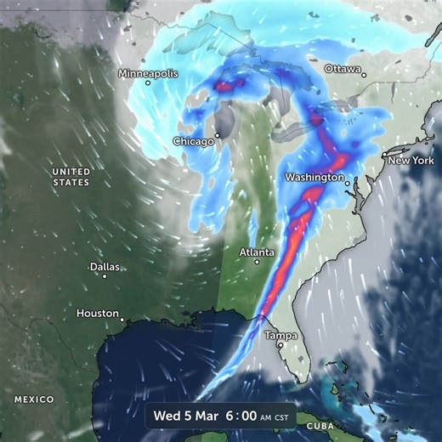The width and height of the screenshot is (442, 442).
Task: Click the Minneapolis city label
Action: click(x=149, y=73)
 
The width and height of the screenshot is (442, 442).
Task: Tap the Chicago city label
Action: click(x=193, y=141)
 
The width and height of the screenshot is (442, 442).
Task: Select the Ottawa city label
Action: click(x=343, y=68)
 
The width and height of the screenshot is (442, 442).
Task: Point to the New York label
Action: click(x=411, y=160)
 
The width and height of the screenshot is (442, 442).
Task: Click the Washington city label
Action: click(x=314, y=178)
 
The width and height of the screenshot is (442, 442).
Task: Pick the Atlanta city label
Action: click(x=257, y=252)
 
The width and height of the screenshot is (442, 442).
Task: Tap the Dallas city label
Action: click(x=105, y=266)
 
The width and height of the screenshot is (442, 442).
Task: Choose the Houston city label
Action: click(x=98, y=313)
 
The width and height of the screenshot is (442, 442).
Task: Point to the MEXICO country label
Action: click(x=34, y=399)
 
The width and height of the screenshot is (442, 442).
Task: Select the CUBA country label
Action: click(x=320, y=424)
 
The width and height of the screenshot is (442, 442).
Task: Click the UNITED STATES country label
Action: click(x=71, y=176)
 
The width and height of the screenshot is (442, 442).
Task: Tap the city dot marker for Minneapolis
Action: click(x=147, y=82)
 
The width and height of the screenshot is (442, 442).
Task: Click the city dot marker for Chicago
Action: click(x=218, y=134)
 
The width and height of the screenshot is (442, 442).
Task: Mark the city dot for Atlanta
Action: click(x=257, y=262)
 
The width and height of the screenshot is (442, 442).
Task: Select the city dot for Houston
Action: click(x=122, y=320)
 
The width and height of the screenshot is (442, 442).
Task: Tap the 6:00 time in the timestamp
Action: click(x=241, y=417)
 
